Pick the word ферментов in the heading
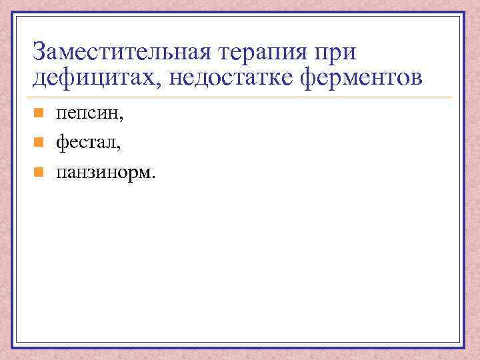click(x=363, y=78)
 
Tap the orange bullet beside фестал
click(x=39, y=141)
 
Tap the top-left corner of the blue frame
click(x=13, y=13)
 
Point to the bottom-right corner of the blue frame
click(x=465, y=346)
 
